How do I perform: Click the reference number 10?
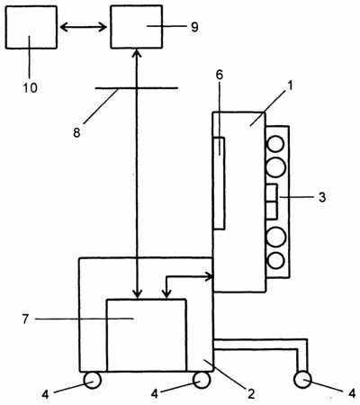tap(31, 88)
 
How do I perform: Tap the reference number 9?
tap(194, 27)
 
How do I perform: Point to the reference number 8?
tap(76, 132)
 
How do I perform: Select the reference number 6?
tap(220, 75)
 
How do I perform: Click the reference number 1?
tap(290, 86)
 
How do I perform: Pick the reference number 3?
tap(322, 197)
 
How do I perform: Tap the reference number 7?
tap(25, 319)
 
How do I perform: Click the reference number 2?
tap(251, 393)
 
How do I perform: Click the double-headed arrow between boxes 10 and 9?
tap(84, 28)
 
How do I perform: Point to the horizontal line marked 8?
tap(137, 88)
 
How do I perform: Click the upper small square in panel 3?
tap(271, 193)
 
